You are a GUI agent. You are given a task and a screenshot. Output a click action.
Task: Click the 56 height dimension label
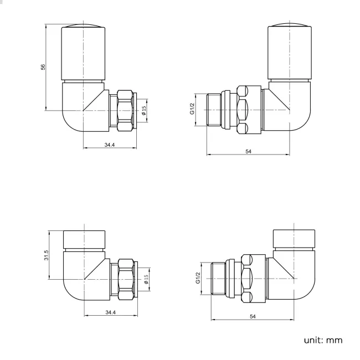point(43,67)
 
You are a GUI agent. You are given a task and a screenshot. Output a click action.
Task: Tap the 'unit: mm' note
point(322,339)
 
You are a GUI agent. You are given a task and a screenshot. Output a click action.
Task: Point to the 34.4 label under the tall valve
point(110,145)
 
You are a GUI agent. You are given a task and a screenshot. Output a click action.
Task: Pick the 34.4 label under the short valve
point(110,313)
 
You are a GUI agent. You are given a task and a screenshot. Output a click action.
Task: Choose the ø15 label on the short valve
point(146,279)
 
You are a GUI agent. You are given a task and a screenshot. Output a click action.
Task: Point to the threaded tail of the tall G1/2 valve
point(213,111)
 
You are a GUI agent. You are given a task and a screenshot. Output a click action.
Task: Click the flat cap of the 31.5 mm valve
point(84,238)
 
